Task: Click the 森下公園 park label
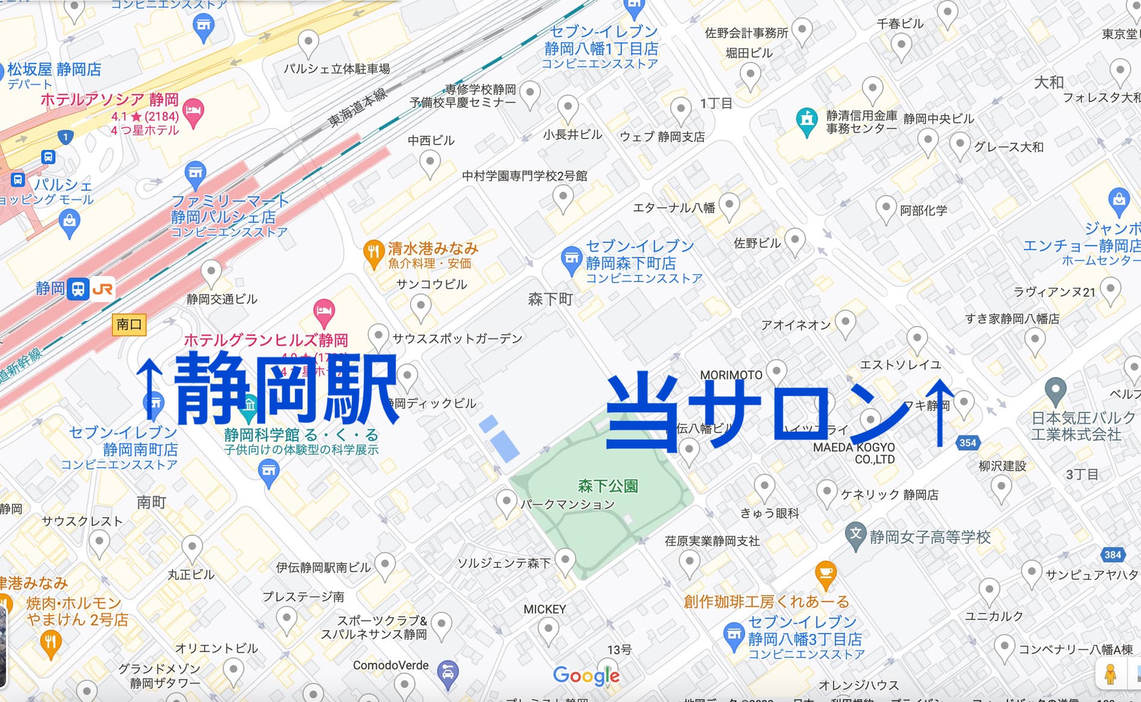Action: [x=607, y=486]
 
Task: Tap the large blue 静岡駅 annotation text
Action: [x=285, y=390]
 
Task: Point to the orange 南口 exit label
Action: [x=129, y=324]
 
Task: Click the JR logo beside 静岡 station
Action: [x=103, y=289]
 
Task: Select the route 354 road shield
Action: [x=967, y=443]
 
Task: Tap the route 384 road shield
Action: [x=1112, y=555]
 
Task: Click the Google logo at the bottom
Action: [x=586, y=675]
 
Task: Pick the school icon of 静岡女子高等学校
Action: [x=855, y=535]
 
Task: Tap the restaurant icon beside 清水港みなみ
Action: [x=374, y=253]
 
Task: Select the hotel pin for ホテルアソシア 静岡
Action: [x=193, y=111]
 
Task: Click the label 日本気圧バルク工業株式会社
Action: [x=1083, y=426]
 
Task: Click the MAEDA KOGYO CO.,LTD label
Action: [x=854, y=453]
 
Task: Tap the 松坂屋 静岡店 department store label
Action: [x=54, y=69]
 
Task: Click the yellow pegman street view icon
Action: [x=1110, y=674]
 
